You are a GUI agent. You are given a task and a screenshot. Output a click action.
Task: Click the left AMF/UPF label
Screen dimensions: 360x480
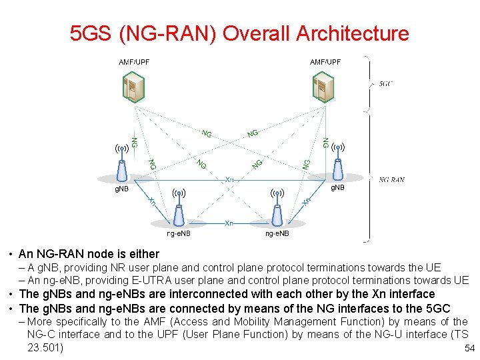tap(134, 62)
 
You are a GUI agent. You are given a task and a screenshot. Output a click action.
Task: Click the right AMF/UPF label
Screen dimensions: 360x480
tap(325, 62)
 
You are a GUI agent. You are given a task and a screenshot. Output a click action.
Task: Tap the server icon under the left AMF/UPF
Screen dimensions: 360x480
tap(134, 87)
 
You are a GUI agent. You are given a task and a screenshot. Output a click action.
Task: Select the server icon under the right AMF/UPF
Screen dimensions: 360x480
tap(323, 87)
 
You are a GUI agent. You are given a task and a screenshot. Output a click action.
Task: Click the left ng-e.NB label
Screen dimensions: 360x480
tap(178, 233)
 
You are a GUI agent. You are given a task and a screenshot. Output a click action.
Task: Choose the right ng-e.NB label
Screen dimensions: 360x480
tap(277, 233)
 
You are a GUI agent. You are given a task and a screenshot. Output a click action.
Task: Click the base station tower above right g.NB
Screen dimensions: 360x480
tap(338, 163)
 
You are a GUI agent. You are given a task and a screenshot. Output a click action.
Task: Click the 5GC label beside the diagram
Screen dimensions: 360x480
tap(385, 84)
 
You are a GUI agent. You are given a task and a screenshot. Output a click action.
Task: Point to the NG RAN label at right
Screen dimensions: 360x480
tap(392, 179)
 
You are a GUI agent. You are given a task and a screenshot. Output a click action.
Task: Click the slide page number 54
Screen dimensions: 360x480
tap(469, 349)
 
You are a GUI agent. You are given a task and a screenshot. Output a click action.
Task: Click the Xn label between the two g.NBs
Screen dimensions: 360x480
tap(229, 180)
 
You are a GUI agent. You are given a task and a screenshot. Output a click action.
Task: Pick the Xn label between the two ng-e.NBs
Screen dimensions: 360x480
tap(229, 222)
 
